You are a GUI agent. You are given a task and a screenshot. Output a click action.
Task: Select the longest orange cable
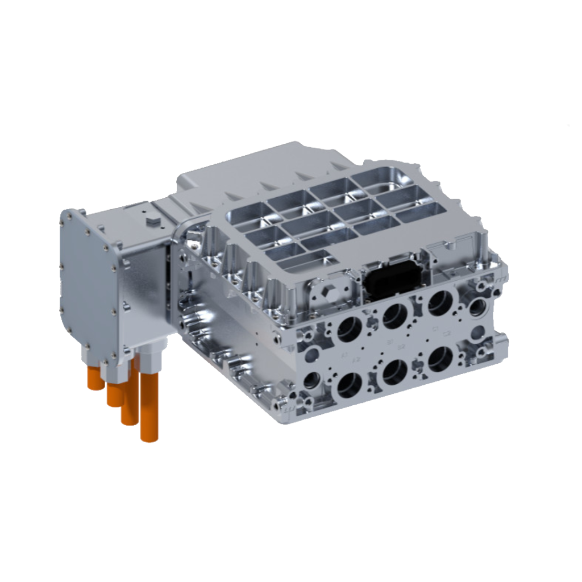[x=149, y=406]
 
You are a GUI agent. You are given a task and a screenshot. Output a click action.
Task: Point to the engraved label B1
[x=390, y=342]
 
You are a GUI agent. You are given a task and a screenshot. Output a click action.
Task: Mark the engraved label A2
[x=356, y=359]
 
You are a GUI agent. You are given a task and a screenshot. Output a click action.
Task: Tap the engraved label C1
[x=435, y=329]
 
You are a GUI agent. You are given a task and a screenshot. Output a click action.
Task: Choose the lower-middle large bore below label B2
[x=395, y=372]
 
